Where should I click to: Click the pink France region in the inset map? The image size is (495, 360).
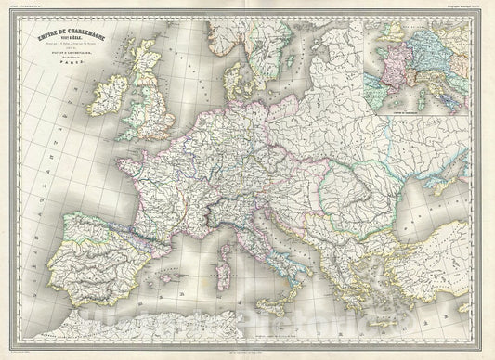click(x=384, y=69)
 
